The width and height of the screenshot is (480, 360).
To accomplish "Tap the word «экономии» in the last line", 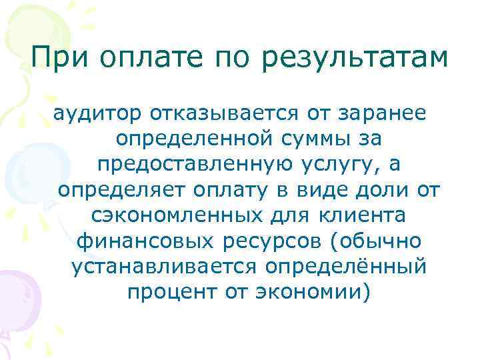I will (x=308, y=291).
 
